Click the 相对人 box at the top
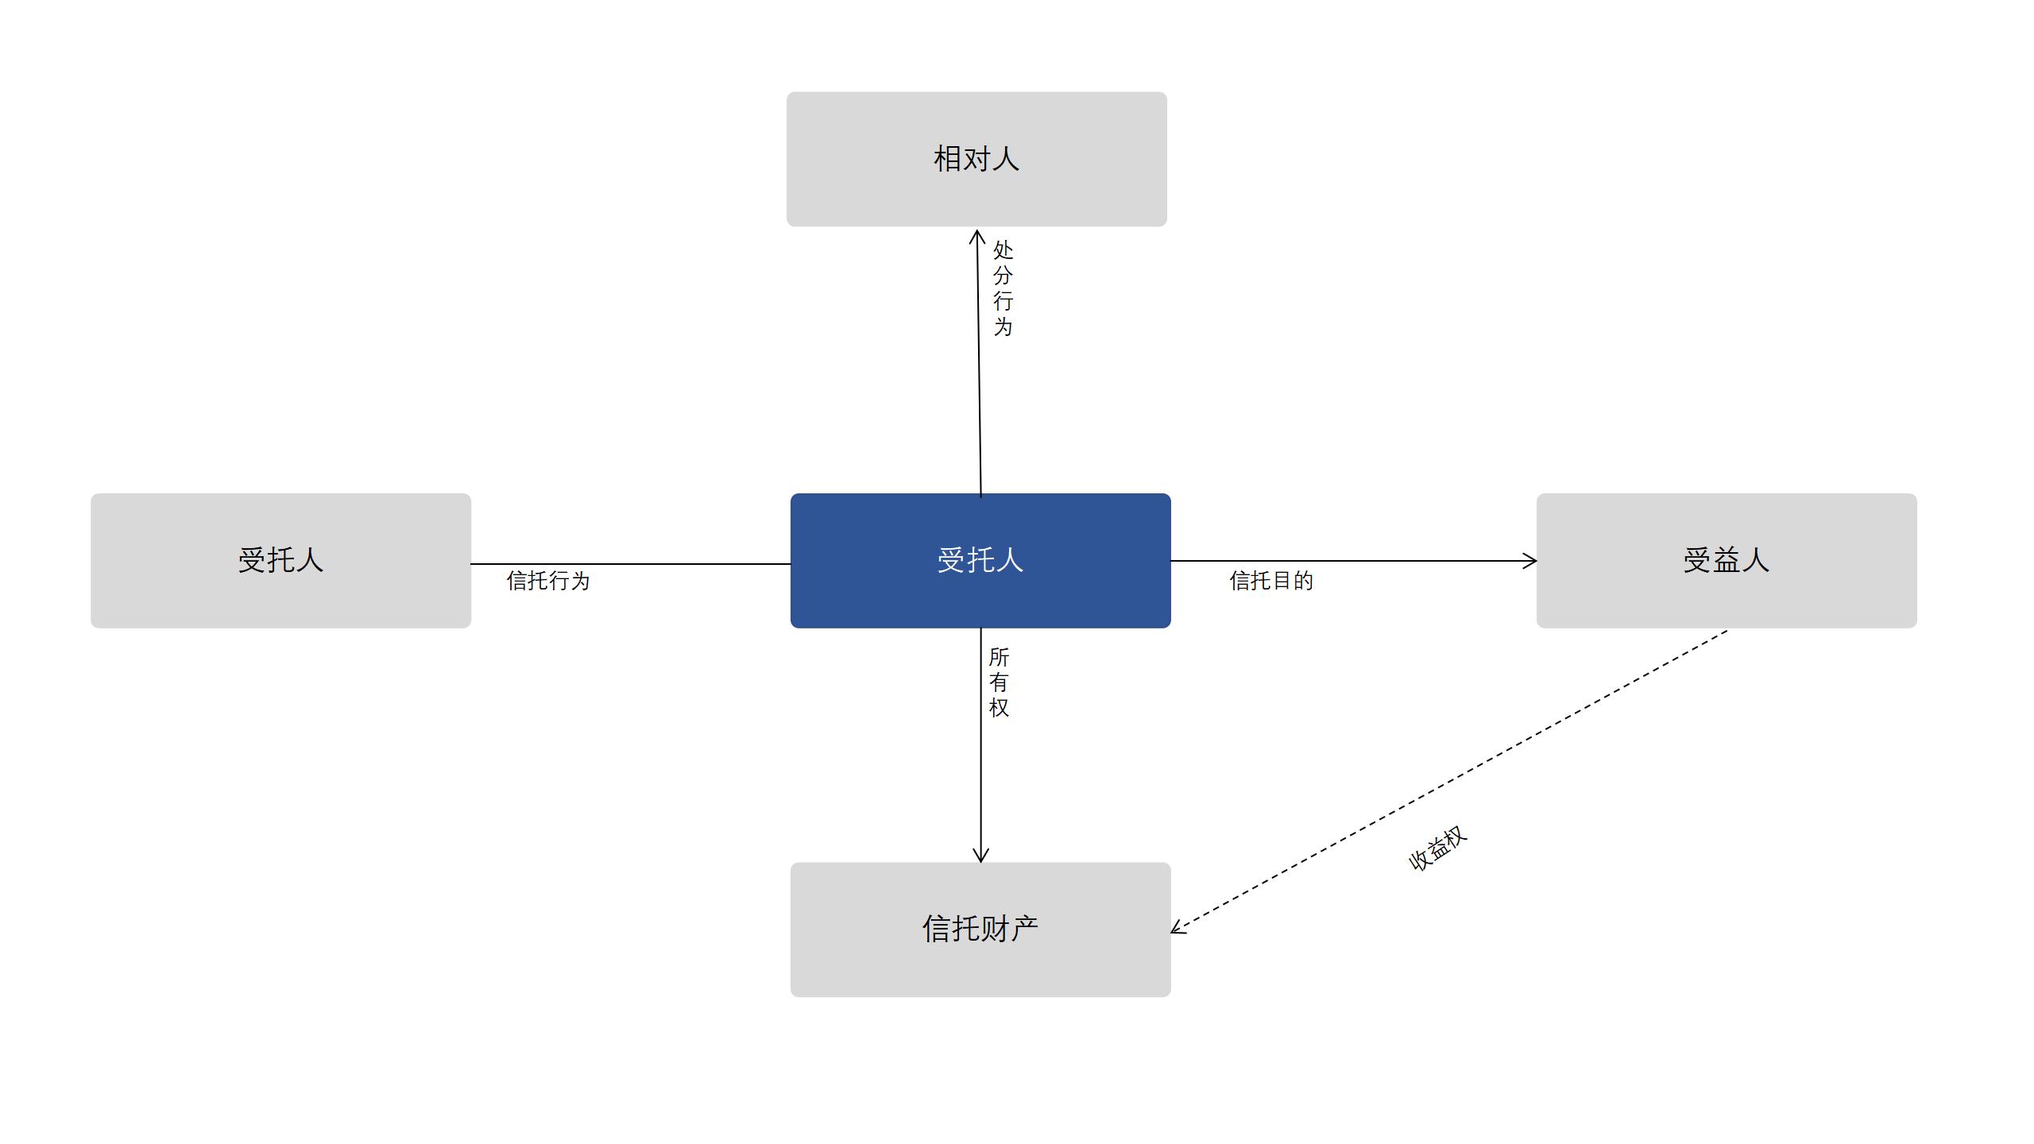(x=976, y=159)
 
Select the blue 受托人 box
(x=980, y=561)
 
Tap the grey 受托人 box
(x=280, y=561)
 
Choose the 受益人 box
(x=1727, y=561)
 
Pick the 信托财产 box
(x=980, y=929)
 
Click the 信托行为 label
(x=548, y=581)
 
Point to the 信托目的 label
(x=1271, y=581)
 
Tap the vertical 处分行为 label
(x=1003, y=288)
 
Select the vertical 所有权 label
(x=999, y=682)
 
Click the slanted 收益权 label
(x=1437, y=848)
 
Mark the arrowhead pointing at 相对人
(x=977, y=231)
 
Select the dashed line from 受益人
(x=1449, y=781)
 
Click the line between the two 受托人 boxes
(x=631, y=564)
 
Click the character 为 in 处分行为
(x=1003, y=327)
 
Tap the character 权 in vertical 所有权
(x=999, y=708)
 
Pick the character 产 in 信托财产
(x=1024, y=929)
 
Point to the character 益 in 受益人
(x=1727, y=560)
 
